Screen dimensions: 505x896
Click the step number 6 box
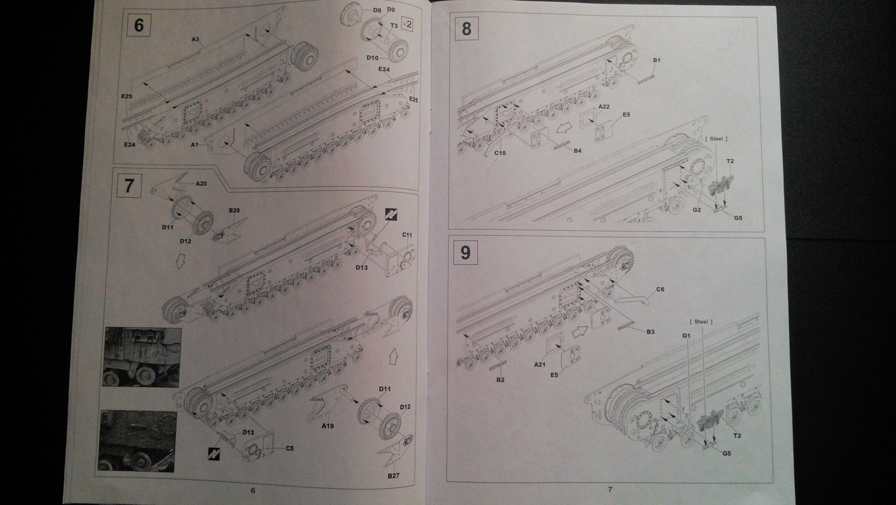click(140, 28)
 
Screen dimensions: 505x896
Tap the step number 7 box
click(129, 186)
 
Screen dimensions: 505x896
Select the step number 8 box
click(466, 29)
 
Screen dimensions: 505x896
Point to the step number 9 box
click(465, 252)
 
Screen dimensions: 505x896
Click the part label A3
click(196, 40)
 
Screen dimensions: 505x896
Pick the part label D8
click(377, 10)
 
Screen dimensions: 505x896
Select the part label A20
click(202, 183)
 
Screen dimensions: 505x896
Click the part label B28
click(234, 210)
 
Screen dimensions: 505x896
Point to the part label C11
click(407, 235)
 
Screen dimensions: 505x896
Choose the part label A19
click(328, 426)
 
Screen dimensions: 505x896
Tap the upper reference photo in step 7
click(142, 357)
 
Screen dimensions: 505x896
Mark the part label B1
click(656, 60)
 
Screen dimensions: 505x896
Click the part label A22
click(604, 106)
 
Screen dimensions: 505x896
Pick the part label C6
click(660, 289)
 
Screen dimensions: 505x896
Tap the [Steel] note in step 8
click(716, 139)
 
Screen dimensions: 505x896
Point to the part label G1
click(685, 335)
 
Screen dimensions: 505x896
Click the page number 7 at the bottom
click(609, 490)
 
